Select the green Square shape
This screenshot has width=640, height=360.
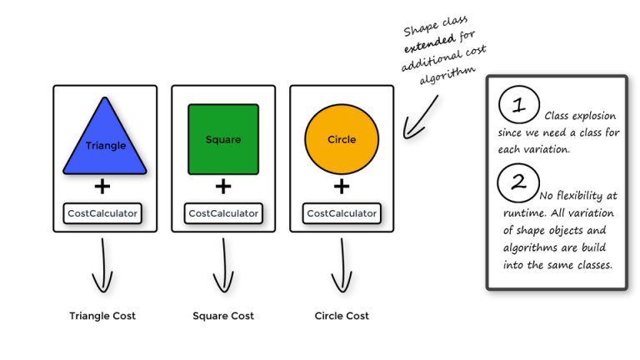(223, 139)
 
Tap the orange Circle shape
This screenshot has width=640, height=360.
(342, 138)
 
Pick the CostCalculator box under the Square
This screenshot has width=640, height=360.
(223, 213)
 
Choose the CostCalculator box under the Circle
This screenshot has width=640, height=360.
(342, 213)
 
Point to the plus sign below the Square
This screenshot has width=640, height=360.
(222, 187)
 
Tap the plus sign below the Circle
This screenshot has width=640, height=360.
(342, 187)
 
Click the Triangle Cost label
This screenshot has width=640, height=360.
(102, 316)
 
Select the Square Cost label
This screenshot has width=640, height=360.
(223, 316)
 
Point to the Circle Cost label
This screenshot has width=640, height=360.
(342, 316)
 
